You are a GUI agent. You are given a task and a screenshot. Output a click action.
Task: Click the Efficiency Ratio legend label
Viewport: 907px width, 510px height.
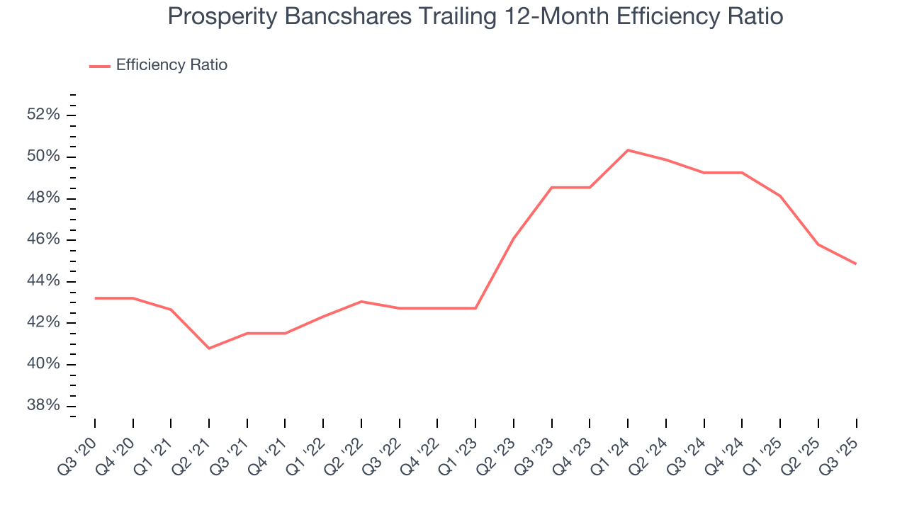click(x=171, y=65)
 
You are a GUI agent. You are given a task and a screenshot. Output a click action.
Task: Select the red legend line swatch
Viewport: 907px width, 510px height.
click(x=100, y=66)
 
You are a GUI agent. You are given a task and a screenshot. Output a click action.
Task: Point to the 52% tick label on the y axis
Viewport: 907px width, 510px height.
click(x=43, y=115)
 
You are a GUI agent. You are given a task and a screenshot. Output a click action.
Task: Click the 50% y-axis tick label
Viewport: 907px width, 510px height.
click(x=43, y=157)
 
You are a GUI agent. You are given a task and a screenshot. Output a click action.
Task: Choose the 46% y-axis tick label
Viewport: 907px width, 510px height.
click(x=43, y=239)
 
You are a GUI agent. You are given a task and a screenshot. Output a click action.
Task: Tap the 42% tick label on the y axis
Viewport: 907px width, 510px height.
click(x=43, y=323)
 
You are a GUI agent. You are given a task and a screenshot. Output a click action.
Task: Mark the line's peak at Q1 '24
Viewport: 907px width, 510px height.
click(x=628, y=150)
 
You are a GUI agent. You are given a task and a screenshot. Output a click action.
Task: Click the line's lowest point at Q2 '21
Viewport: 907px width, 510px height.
click(x=209, y=348)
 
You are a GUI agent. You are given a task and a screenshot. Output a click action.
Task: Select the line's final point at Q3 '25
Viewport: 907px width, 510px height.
click(x=856, y=264)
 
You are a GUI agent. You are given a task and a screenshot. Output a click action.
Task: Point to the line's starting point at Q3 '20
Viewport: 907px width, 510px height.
click(x=95, y=298)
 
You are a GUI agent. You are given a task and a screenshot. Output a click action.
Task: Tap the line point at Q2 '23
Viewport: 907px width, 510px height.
click(x=514, y=238)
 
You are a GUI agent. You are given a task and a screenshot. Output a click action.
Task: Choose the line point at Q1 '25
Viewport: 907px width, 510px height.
click(x=780, y=196)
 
